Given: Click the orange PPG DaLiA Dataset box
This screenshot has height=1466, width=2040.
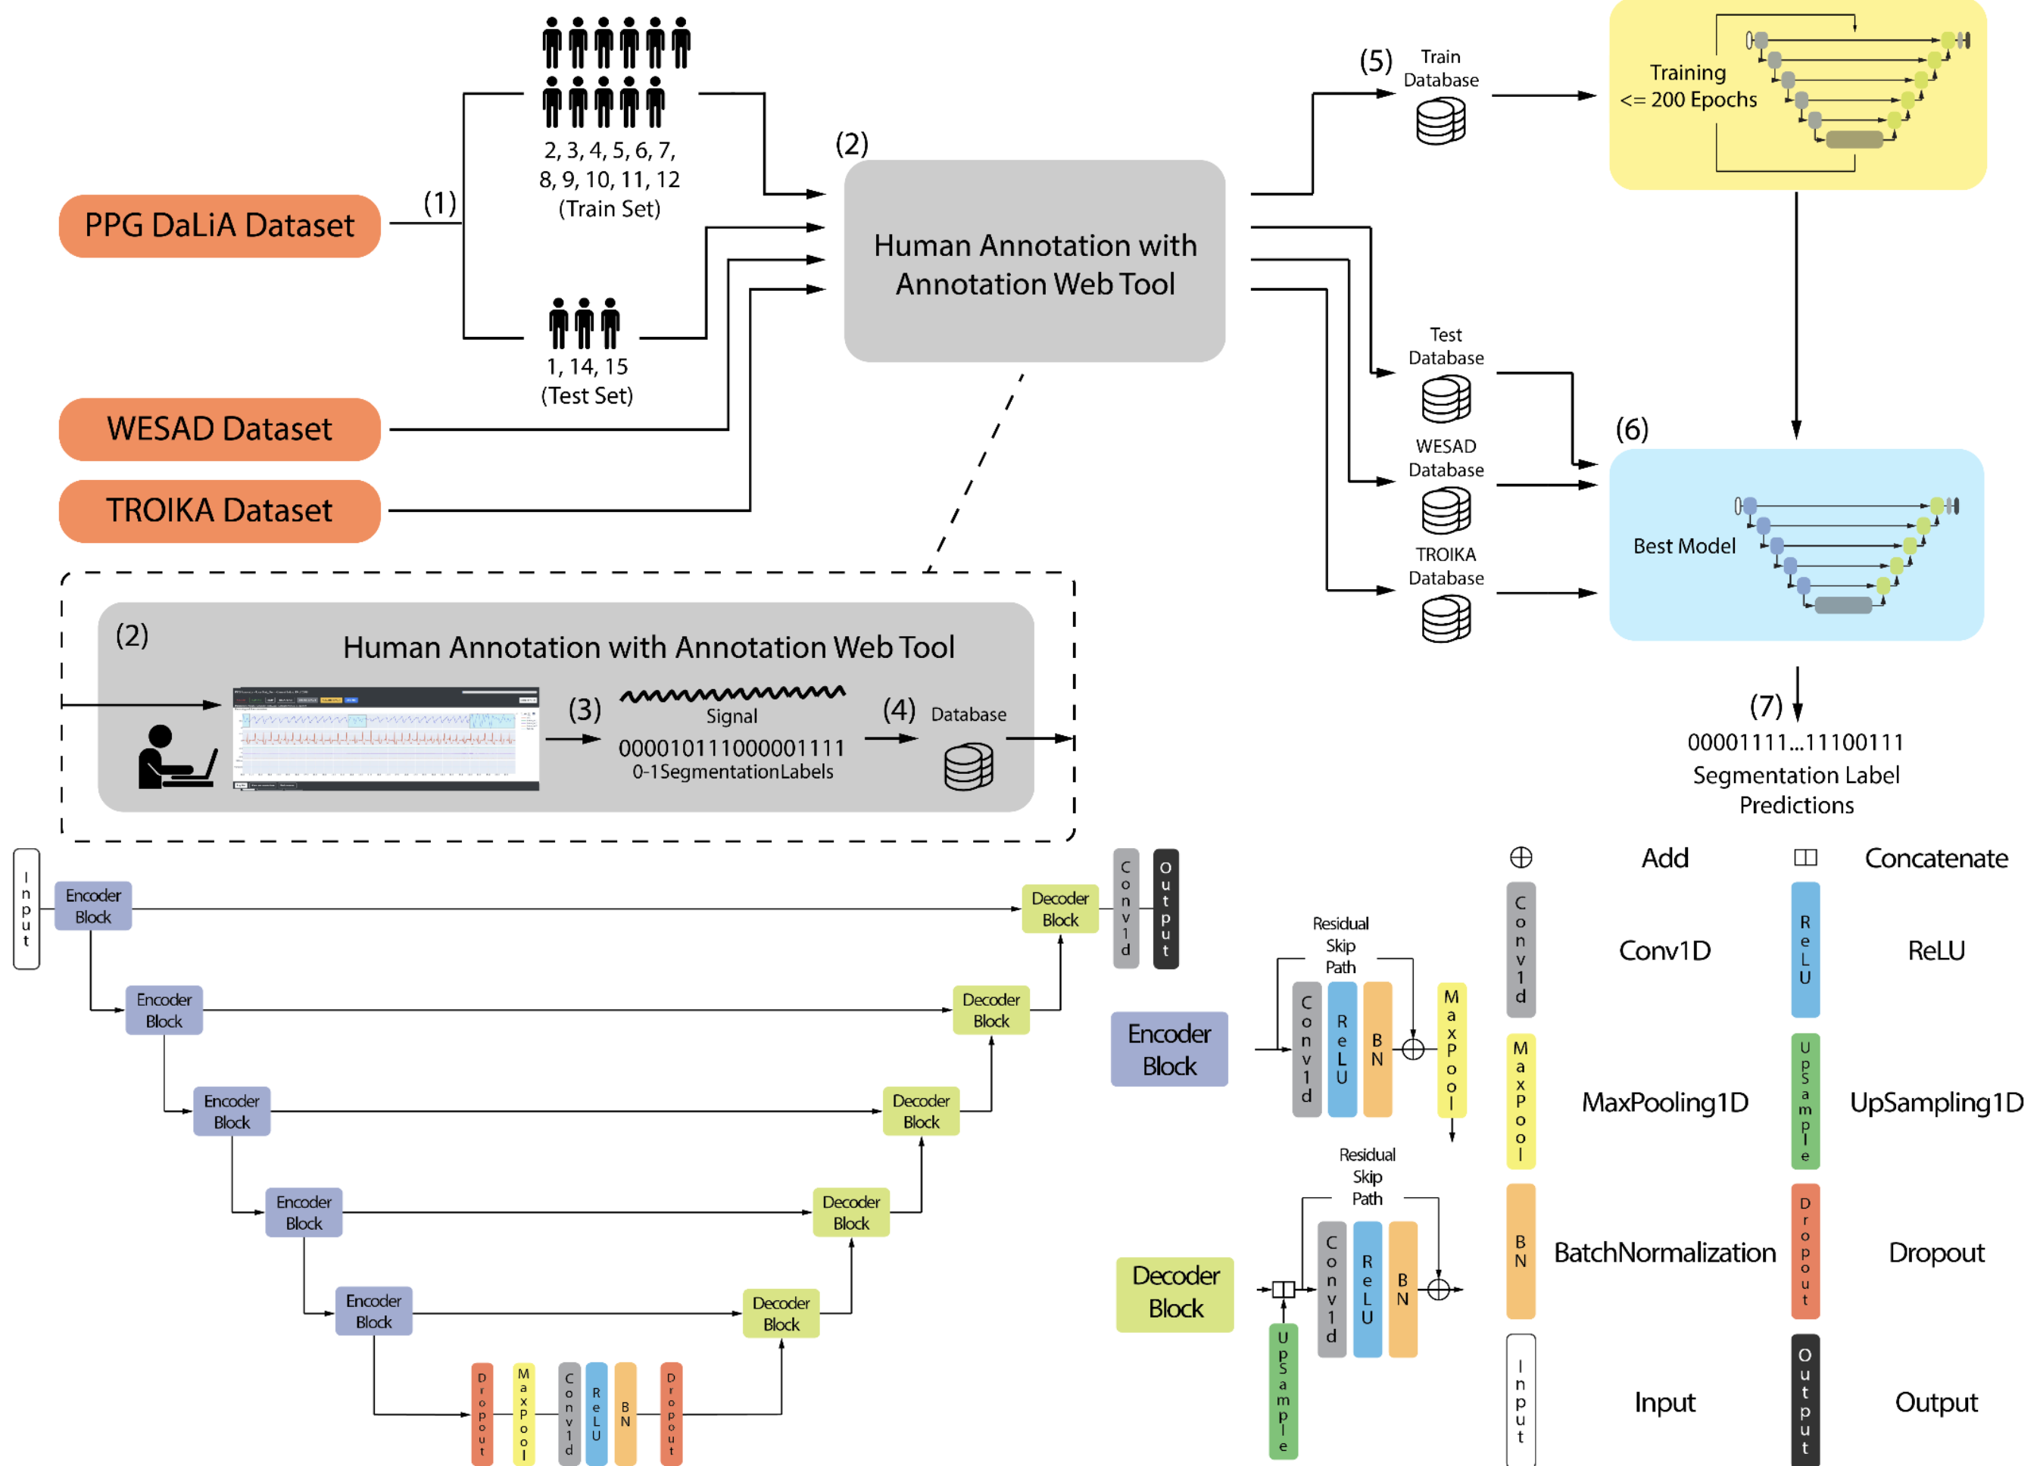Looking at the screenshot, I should point(220,226).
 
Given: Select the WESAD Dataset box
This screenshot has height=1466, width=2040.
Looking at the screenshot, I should point(220,429).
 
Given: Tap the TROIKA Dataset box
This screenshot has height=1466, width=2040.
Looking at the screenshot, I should point(220,511).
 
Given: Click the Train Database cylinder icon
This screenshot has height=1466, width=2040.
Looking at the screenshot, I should point(1440,121).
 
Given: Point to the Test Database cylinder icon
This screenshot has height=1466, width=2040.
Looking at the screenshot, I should point(1446,399).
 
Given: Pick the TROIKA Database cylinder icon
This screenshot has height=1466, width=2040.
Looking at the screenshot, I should point(1446,619).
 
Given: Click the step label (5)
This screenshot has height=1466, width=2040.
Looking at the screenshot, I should point(1375,61).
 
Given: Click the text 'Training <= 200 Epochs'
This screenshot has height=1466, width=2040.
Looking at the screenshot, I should point(1689,86).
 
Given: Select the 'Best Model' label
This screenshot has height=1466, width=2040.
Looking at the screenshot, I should point(1684,546).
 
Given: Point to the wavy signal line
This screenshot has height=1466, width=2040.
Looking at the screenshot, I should point(732,694).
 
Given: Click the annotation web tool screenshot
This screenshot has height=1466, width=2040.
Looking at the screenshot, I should point(386,738).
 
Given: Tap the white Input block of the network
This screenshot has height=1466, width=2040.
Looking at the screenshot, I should point(26,909).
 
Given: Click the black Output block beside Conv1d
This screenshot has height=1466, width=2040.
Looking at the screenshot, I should point(1165,909).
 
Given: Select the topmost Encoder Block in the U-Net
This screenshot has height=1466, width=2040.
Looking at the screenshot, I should point(94,906).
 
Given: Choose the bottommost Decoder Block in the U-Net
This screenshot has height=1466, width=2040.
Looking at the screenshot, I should point(781,1313).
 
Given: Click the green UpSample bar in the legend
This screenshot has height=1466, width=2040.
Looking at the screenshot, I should point(1804,1101).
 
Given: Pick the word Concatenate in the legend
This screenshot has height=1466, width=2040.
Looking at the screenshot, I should point(1936,858).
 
